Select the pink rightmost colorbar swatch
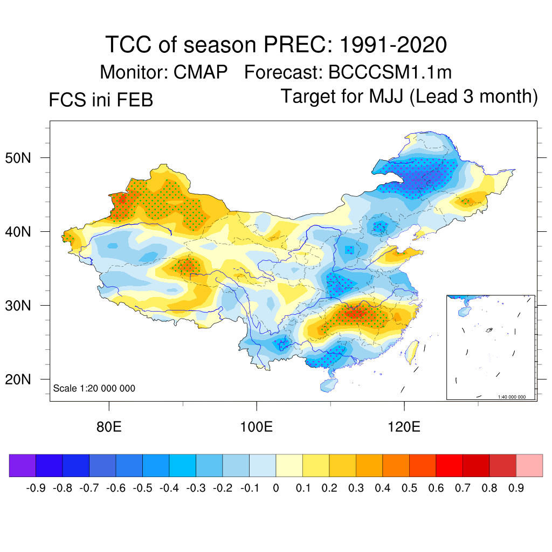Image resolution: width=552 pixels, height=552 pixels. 529,465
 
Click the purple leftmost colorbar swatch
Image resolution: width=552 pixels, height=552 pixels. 23,465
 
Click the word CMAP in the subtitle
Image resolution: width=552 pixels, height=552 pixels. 201,72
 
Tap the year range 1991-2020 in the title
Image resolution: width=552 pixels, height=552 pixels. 393,45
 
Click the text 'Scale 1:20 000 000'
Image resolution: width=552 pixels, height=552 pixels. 94,388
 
